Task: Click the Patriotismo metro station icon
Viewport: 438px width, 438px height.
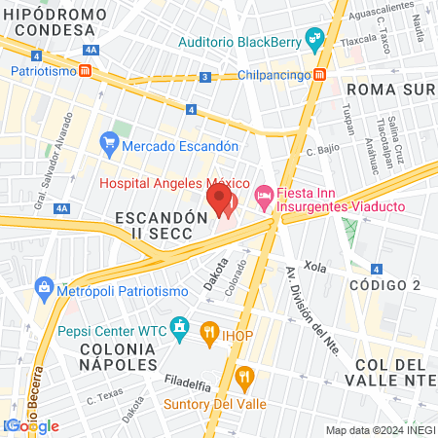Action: click(x=86, y=71)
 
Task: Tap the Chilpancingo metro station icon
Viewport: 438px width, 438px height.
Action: click(x=320, y=76)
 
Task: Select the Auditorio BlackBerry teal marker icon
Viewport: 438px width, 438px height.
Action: click(x=313, y=41)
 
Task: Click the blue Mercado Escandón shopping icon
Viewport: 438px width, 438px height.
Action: click(x=109, y=146)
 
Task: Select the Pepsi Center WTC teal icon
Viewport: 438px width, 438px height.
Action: click(x=178, y=329)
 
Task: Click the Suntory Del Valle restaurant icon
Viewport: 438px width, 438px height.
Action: click(x=242, y=376)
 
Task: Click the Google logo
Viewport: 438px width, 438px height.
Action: click(x=33, y=425)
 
